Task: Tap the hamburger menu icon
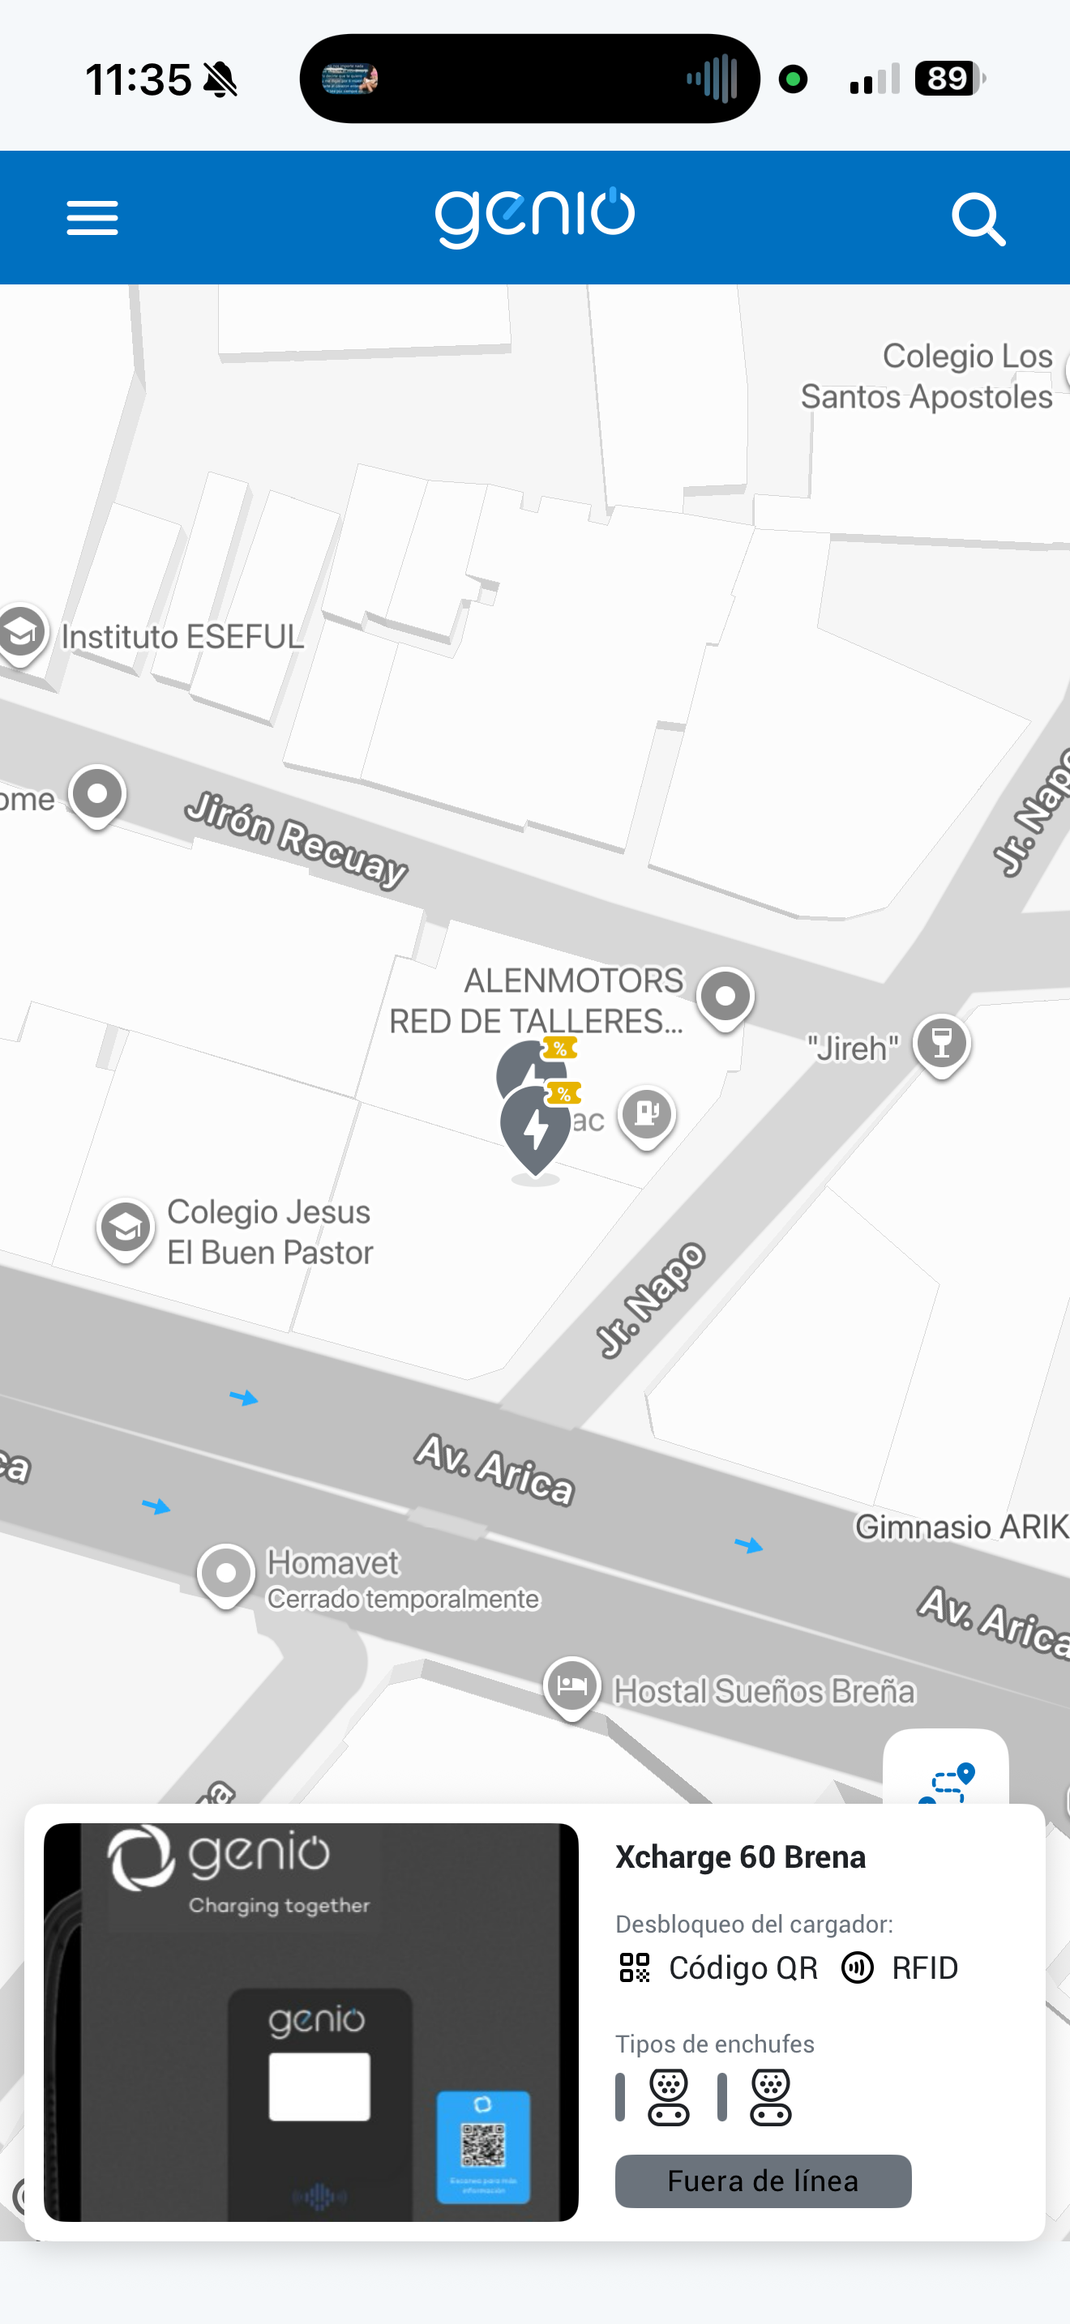click(x=92, y=218)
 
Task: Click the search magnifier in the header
click(x=978, y=218)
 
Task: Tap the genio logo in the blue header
click(x=535, y=216)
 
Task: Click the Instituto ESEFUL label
click(x=182, y=637)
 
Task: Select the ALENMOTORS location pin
click(x=725, y=997)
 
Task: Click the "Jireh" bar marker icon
click(x=941, y=1044)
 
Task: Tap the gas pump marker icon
click(x=647, y=1113)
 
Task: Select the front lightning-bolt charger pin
click(x=536, y=1130)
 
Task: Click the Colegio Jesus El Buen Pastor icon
click(x=126, y=1228)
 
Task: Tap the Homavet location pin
click(x=225, y=1574)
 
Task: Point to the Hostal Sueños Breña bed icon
click(x=572, y=1685)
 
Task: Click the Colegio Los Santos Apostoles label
click(x=927, y=376)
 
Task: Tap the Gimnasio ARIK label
click(x=961, y=1527)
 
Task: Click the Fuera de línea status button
click(x=762, y=2181)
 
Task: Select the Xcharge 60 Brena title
click(x=740, y=1856)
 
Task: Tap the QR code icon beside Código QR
click(x=634, y=1967)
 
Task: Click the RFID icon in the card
click(x=857, y=1967)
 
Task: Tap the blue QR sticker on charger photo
click(x=484, y=2147)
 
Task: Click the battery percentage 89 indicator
click(x=948, y=79)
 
